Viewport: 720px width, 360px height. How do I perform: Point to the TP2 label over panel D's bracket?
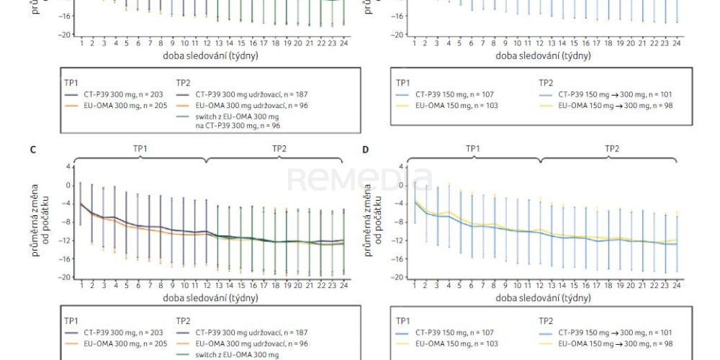[611, 148]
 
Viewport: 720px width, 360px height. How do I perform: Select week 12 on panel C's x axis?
[207, 286]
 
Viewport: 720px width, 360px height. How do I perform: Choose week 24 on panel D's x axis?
[676, 286]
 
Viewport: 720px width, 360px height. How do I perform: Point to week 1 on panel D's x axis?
[413, 286]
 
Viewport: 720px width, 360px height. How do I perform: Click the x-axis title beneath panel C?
[210, 297]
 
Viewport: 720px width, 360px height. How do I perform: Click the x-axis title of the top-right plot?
[541, 55]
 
